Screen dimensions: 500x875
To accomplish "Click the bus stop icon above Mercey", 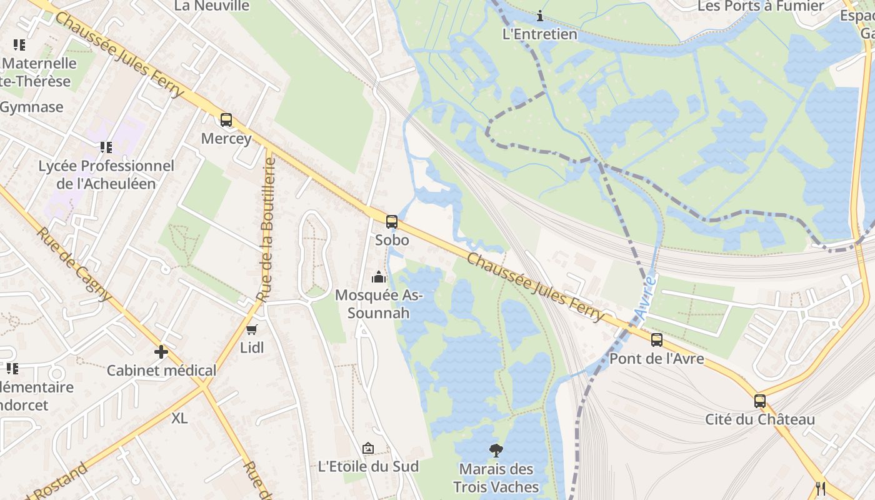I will pos(226,119).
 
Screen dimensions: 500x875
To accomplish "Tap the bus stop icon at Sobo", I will pos(392,221).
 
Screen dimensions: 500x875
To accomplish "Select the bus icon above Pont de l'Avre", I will pos(657,339).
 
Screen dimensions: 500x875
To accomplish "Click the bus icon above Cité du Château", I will pos(760,401).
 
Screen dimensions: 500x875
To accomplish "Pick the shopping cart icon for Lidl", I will pos(252,329).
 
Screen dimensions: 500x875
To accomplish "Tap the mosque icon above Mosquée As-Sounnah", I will pos(378,276).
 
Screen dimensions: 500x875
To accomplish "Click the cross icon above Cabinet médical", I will pos(161,352).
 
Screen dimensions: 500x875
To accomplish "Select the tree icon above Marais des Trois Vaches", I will pos(496,450).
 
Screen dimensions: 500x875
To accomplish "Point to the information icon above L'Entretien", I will pos(540,16).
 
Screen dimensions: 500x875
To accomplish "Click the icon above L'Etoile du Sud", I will pos(368,448).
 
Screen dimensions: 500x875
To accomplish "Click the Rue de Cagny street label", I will pos(74,264).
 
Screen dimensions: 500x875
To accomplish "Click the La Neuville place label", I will pos(212,6).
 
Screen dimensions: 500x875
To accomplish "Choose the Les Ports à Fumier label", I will pos(761,6).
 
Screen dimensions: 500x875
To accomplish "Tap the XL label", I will pos(179,418).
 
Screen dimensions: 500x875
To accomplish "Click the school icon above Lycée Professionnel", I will pos(106,147).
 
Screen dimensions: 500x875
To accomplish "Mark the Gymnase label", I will pos(31,107).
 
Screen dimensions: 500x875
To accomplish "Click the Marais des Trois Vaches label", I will pos(496,478).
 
